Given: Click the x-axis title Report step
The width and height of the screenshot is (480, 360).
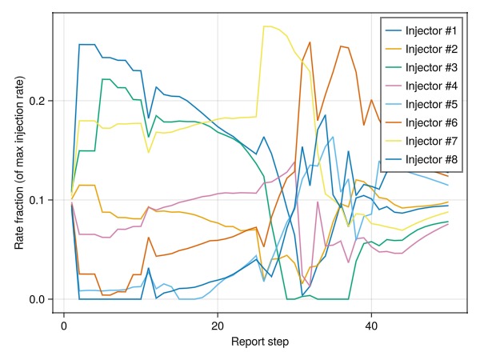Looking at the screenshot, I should (259, 342).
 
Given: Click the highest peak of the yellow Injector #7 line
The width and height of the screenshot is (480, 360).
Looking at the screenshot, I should (267, 26).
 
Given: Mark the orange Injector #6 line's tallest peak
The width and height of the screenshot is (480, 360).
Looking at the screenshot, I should (310, 42).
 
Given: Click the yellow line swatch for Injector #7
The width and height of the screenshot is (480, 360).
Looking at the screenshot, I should (393, 142).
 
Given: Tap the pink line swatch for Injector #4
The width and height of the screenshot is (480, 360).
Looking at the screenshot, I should (393, 86).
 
